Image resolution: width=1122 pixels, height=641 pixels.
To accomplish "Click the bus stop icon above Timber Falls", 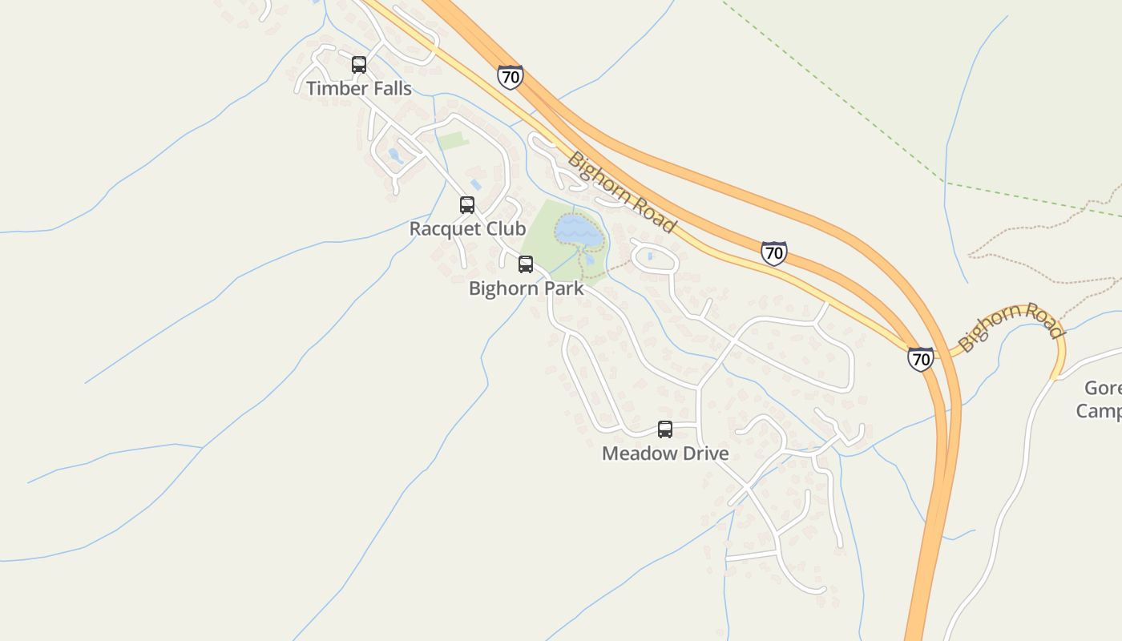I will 359,65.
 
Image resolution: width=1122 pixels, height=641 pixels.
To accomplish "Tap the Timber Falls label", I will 359,88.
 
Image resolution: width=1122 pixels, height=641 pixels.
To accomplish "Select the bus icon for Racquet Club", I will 467,205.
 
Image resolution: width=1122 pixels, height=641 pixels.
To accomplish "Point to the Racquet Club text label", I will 467,228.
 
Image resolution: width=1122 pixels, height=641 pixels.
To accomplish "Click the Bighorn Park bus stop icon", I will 526,264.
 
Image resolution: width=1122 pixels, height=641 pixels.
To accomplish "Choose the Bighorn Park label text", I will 526,288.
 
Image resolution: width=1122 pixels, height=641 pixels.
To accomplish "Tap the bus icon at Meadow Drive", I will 665,429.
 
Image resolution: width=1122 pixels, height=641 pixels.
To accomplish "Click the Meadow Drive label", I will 665,453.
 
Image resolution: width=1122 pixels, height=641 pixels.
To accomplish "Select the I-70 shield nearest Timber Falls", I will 510,77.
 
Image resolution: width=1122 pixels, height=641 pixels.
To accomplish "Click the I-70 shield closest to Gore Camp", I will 921,358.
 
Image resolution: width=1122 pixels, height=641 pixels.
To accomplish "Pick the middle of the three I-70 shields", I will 773,253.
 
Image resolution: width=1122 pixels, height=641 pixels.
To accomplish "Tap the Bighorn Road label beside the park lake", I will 621,191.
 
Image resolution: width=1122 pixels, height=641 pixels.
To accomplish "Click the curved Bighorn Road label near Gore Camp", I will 1010,325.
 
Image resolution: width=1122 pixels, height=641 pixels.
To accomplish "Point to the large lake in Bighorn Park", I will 579,231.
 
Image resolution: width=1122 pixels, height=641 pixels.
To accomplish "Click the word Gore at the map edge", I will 1103,388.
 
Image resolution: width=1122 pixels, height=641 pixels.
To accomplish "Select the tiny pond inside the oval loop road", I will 649,256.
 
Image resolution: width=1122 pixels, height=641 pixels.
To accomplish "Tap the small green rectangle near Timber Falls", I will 453,141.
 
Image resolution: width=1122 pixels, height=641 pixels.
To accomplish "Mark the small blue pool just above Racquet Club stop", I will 476,184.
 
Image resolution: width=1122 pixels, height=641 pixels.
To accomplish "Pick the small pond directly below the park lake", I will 589,258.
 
